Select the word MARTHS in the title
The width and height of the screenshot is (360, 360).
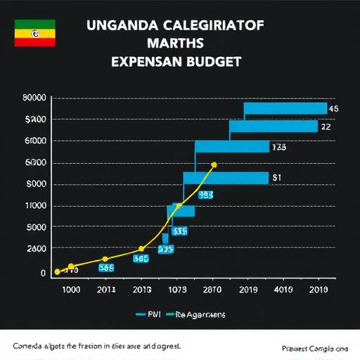(175, 44)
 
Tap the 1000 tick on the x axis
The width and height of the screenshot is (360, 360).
(72, 289)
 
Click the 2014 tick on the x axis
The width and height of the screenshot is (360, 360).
(107, 289)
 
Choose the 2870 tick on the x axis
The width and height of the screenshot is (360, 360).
(211, 289)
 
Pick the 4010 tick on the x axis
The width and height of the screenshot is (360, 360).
(283, 289)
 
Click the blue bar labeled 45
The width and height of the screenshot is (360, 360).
(285, 108)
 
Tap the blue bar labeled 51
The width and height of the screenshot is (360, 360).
(226, 178)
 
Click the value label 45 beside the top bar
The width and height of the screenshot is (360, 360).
(334, 109)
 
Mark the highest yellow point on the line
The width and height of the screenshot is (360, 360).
(214, 165)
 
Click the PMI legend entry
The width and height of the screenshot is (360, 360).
(146, 316)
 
